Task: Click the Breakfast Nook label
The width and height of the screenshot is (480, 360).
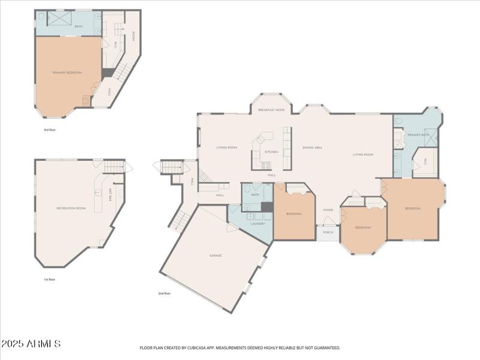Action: pos(271,110)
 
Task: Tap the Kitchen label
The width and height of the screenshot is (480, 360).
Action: pos(271,152)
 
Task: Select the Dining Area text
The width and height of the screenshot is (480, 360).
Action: pos(312,147)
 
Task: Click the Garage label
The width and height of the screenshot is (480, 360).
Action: pos(215,256)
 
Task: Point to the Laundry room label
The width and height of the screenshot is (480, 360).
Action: pos(258,223)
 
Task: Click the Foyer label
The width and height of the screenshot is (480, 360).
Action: pos(328,210)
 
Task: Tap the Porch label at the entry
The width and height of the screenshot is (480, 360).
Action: pos(328,232)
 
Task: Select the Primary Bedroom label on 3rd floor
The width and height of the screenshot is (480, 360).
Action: pos(67,73)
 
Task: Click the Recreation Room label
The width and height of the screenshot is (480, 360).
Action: pos(71,208)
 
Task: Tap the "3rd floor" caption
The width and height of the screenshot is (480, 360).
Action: pos(49,130)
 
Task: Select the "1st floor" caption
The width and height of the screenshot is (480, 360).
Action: pos(49,280)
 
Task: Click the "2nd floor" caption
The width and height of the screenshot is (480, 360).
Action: pos(164,293)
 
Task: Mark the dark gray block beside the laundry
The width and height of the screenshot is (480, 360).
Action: pos(267,207)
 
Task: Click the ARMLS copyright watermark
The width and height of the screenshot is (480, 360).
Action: pos(31,344)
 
